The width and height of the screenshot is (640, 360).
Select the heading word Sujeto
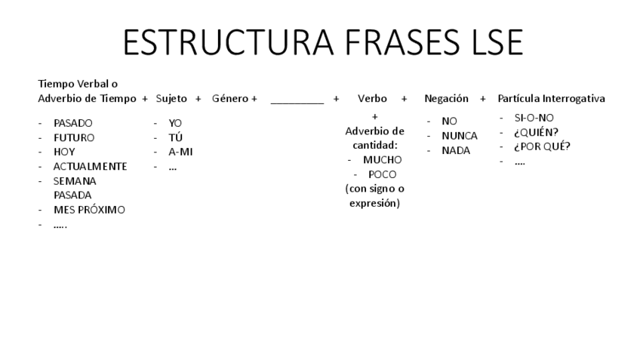coord(171,98)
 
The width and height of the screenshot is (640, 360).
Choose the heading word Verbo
coord(372,98)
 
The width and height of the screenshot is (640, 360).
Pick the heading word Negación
coord(446,98)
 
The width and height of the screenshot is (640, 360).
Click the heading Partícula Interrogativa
coord(551,98)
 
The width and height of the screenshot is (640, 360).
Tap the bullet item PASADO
coord(73,123)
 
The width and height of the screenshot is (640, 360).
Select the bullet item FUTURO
coord(74,137)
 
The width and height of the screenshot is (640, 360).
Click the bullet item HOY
coord(64,152)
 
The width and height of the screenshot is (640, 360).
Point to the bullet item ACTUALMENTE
coord(90,166)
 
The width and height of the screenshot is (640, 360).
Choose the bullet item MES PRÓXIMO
coord(89,210)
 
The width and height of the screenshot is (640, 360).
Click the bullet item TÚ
coord(176,137)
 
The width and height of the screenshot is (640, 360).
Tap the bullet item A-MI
coord(181,152)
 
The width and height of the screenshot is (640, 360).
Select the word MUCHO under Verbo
coord(383,160)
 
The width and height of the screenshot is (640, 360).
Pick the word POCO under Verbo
coord(383,174)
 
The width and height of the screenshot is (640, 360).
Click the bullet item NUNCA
coord(460,136)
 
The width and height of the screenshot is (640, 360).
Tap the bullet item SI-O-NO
coord(534,118)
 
